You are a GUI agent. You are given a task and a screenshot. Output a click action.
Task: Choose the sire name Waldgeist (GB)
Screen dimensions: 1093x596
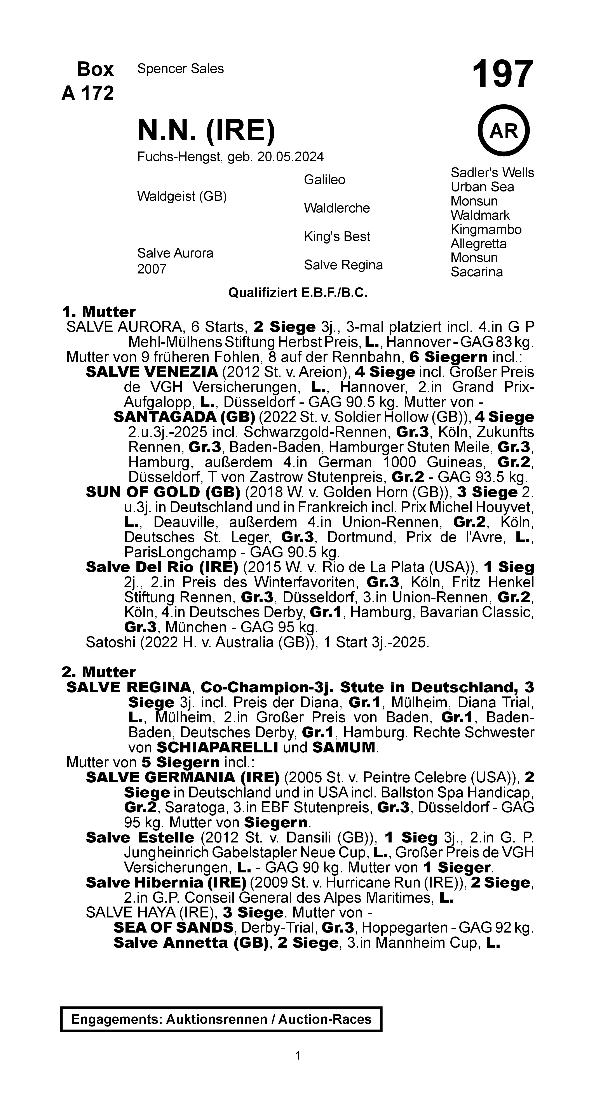(x=182, y=197)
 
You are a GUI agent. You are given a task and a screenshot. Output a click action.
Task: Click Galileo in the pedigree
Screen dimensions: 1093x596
(x=324, y=180)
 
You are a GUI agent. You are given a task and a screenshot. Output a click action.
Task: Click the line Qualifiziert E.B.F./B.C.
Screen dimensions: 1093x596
(x=298, y=293)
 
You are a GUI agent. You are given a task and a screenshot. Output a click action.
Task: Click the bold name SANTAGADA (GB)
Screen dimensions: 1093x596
(x=184, y=417)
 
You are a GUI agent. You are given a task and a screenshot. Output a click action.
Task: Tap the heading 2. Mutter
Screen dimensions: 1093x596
(x=98, y=672)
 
